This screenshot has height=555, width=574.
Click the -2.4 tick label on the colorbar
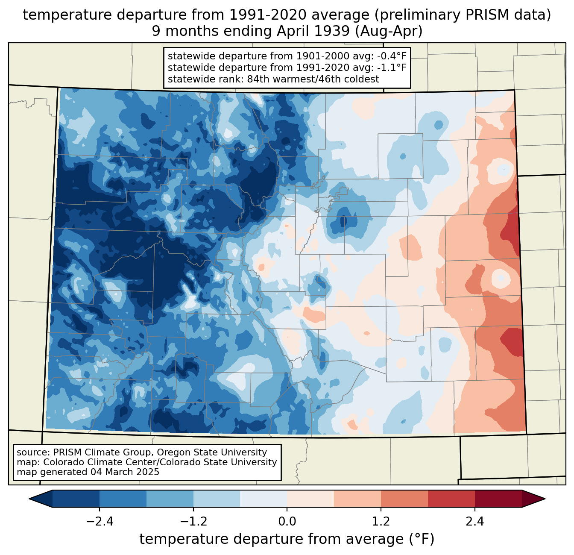click(100, 522)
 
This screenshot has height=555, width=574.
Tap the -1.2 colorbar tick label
click(193, 522)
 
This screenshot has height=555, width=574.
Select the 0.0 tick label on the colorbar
click(287, 522)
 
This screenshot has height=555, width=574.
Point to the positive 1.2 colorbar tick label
click(381, 522)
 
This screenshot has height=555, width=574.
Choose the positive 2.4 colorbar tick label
click(475, 522)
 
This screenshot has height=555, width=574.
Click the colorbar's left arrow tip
click(29, 499)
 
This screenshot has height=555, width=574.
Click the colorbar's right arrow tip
click(545, 499)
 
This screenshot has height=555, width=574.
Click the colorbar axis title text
click(287, 539)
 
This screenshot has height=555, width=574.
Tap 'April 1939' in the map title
click(313, 31)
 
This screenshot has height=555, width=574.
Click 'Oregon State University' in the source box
click(211, 452)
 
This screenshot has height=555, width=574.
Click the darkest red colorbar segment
click(498, 499)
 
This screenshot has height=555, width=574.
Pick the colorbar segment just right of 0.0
click(310, 499)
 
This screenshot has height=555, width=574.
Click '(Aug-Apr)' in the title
click(389, 31)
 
